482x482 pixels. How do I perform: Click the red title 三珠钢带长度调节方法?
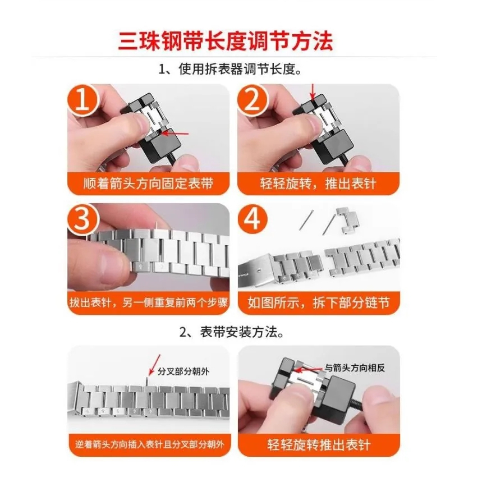(x=226, y=41)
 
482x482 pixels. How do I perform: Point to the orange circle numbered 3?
(x=82, y=219)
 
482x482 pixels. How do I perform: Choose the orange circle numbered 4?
(x=253, y=219)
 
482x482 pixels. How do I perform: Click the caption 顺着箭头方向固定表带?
(x=148, y=183)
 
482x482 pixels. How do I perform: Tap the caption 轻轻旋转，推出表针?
(x=318, y=183)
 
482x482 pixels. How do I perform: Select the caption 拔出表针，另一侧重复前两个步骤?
(x=149, y=302)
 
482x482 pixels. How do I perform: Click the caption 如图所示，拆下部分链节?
(x=319, y=303)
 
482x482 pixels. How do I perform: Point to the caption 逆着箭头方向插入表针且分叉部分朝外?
(x=150, y=444)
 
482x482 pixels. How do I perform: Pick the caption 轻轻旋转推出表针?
(x=319, y=444)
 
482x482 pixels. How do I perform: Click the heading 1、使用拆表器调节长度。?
(x=230, y=70)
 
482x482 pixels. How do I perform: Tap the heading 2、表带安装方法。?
(x=232, y=332)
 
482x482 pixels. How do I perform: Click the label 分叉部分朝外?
(x=183, y=371)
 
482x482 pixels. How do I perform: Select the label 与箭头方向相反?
(x=355, y=368)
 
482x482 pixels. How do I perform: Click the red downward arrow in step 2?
(x=313, y=91)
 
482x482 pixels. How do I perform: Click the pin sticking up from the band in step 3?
(x=157, y=227)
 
